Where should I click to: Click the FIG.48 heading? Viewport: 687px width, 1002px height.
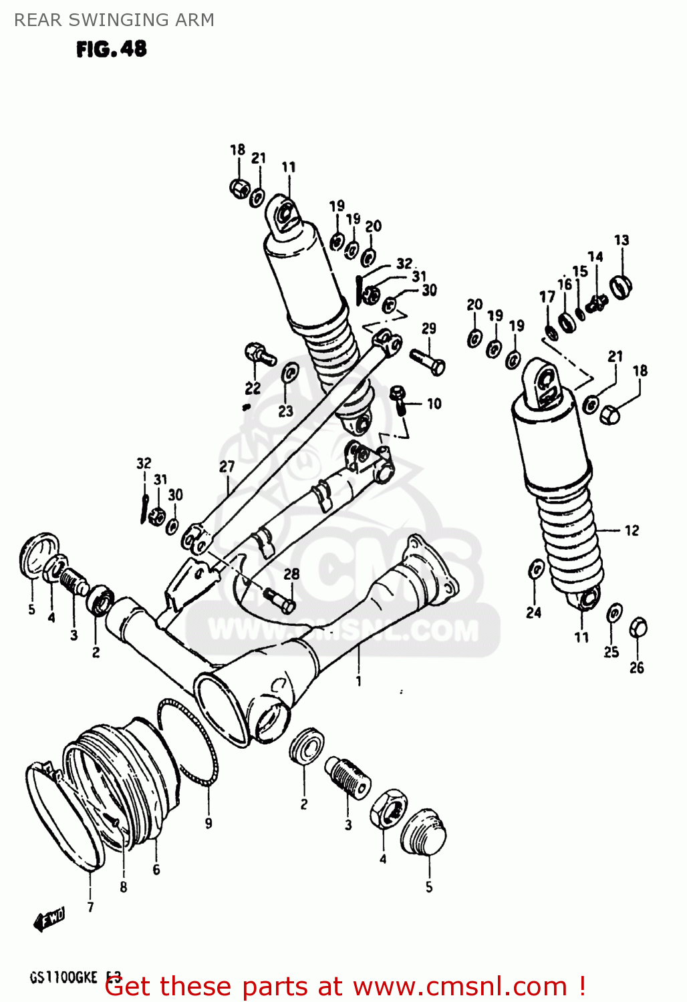[x=111, y=49]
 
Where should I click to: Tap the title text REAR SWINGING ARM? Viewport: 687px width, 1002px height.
[x=114, y=20]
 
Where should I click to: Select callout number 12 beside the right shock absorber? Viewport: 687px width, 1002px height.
[x=632, y=530]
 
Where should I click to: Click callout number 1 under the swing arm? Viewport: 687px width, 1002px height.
[x=359, y=681]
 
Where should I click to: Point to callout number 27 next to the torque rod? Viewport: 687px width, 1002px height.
[x=227, y=466]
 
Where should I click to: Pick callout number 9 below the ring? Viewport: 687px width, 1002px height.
[x=209, y=823]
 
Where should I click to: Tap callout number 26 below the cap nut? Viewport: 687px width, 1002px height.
[x=637, y=667]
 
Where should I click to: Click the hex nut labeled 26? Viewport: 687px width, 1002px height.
[x=638, y=627]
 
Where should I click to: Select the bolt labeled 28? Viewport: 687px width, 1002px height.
[x=279, y=599]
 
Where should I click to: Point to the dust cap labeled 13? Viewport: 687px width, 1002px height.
[x=621, y=286]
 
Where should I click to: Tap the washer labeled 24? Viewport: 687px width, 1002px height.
[x=536, y=570]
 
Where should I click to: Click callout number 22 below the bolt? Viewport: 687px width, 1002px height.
[x=253, y=388]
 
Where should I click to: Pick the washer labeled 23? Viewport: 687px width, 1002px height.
[x=289, y=373]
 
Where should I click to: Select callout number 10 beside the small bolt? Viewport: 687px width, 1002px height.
[x=434, y=403]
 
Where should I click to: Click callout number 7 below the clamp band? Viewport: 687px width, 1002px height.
[x=90, y=906]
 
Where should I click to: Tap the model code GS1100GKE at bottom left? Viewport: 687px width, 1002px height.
[x=63, y=978]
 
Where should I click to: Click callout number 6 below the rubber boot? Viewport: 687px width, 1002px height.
[x=156, y=869]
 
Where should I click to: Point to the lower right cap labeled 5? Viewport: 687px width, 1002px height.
[x=424, y=832]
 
